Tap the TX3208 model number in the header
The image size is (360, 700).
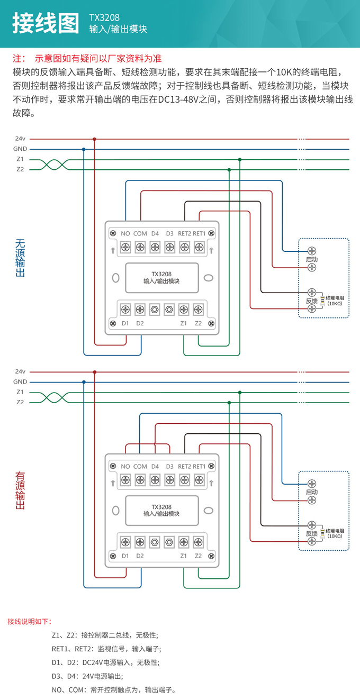coord(104,17)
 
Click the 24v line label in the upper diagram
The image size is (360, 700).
coord(20,139)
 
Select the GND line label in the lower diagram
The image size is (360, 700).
coord(20,381)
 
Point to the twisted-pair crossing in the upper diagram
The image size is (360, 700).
coord(54,164)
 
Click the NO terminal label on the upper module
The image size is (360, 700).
coord(125,233)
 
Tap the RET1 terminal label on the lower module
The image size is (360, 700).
coord(199,466)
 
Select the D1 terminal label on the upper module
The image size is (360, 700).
coord(125,323)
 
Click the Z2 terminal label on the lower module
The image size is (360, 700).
coord(198,556)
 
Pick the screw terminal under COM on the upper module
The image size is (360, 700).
coord(140,247)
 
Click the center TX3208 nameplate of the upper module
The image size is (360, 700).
coord(161,278)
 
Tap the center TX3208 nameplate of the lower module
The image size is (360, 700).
coord(161,511)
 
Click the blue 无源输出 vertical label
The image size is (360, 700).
coord(20,258)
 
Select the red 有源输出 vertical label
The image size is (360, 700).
coord(20,490)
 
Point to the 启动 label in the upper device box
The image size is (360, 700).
coord(312,260)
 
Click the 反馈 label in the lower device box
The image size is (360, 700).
coord(312,533)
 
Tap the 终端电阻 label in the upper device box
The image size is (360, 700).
coord(335,298)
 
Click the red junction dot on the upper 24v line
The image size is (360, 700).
coord(94,139)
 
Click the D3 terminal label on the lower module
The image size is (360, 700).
coord(169,466)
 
